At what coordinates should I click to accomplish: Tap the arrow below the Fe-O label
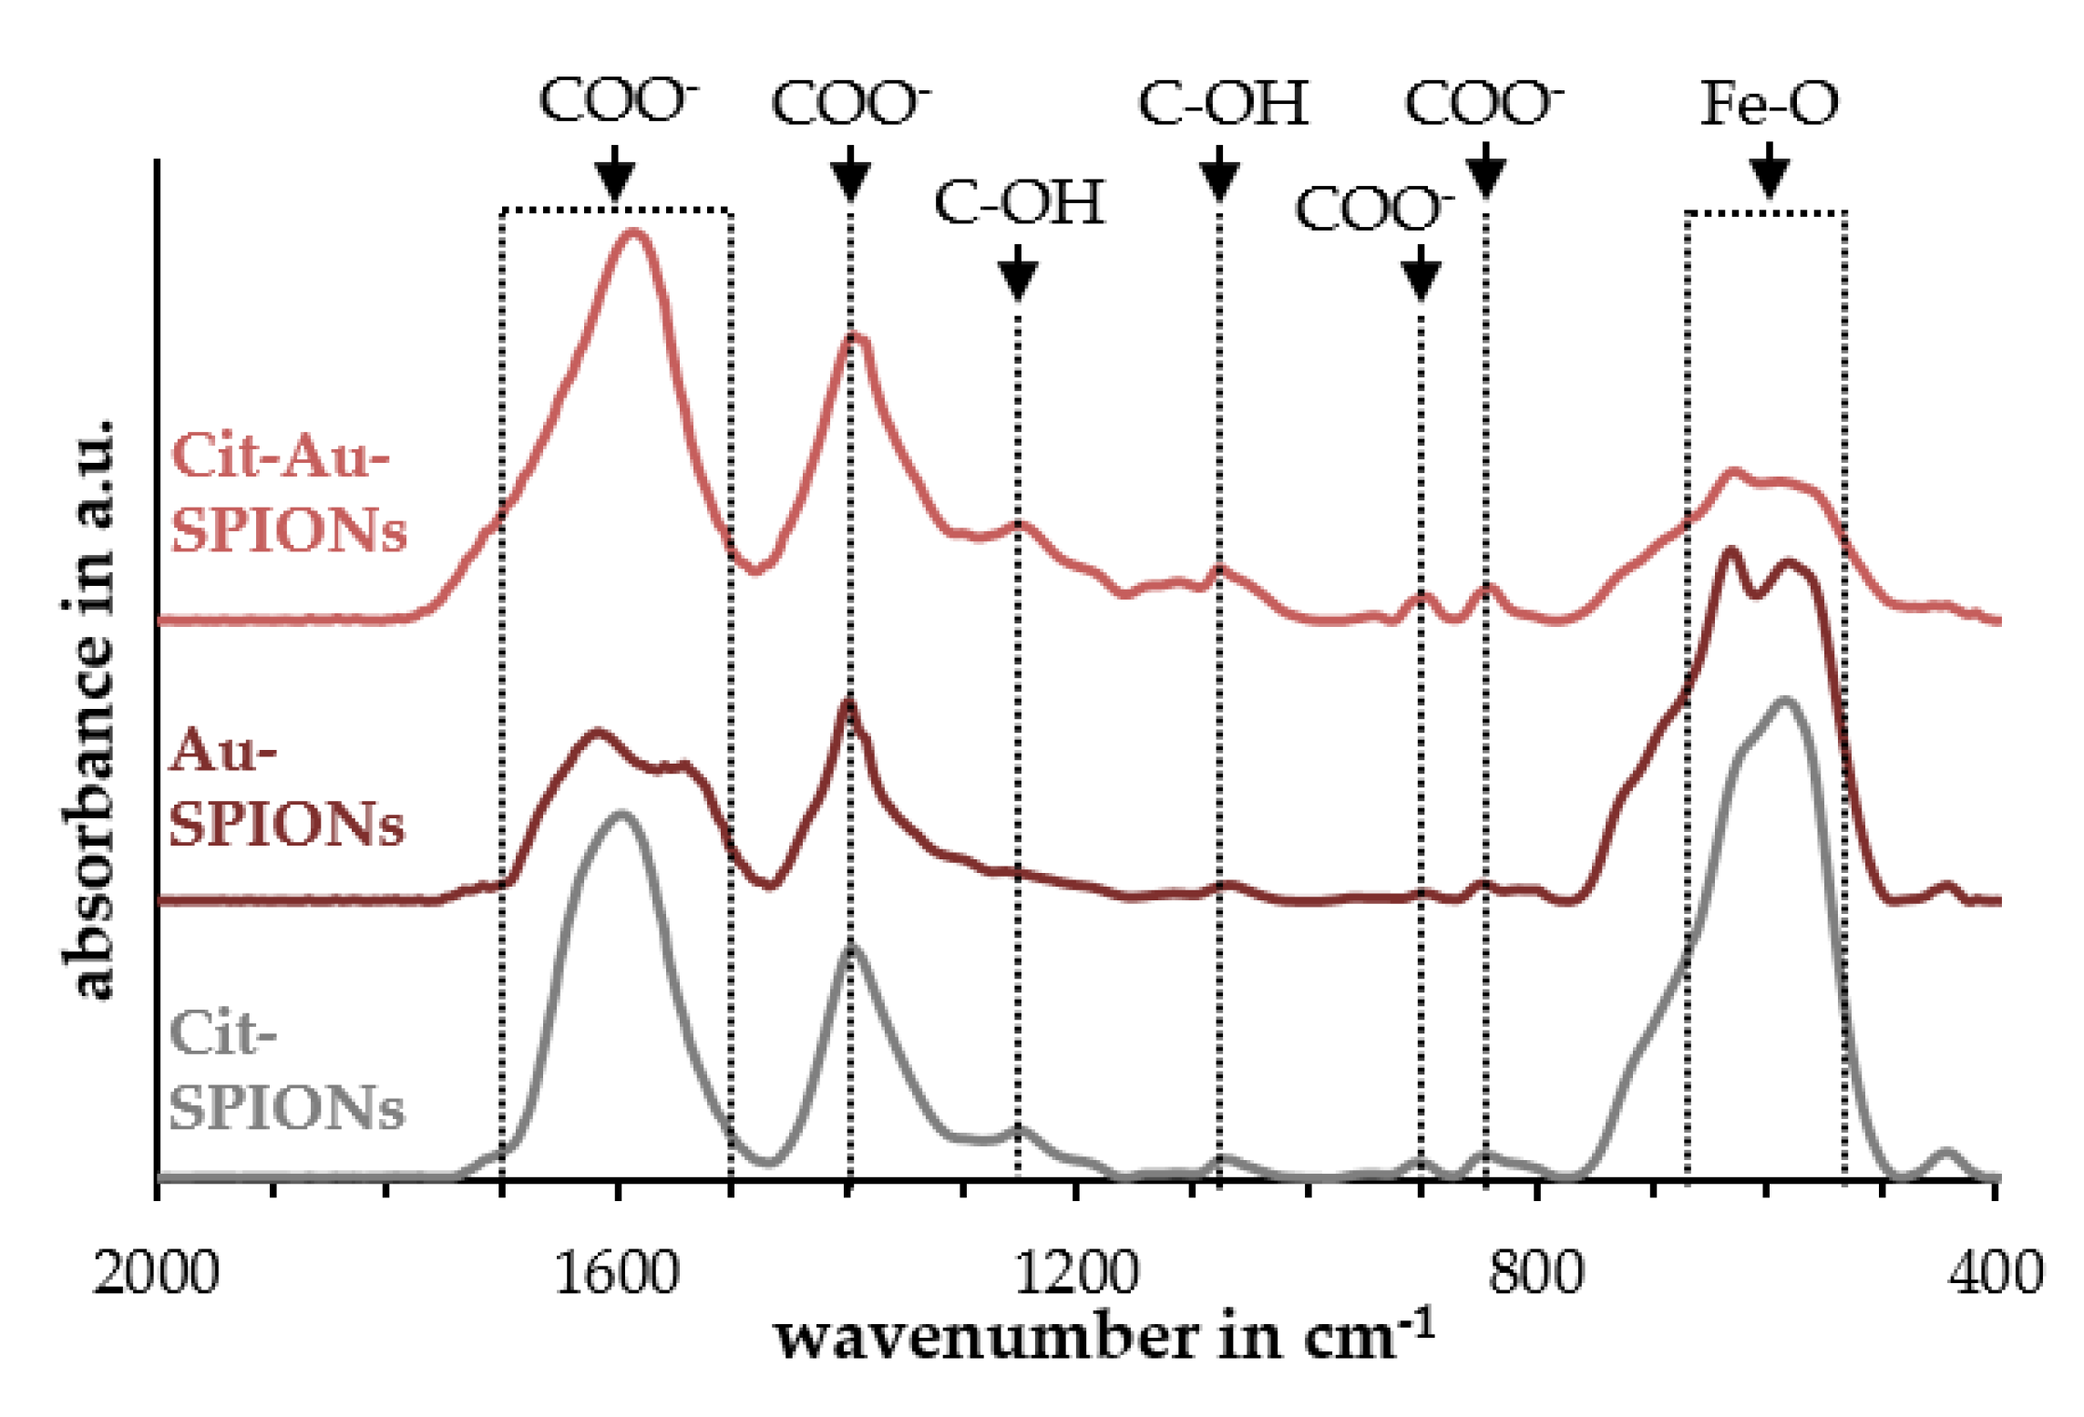point(1769,171)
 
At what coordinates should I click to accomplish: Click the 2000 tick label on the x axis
point(156,1272)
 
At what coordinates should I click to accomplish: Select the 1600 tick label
point(616,1272)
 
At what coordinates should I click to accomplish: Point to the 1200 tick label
point(1075,1272)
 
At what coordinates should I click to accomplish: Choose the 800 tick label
point(1535,1272)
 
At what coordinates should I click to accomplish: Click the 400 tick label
point(1995,1272)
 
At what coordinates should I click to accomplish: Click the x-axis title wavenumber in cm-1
point(1104,1338)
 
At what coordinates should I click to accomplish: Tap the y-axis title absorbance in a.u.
point(89,711)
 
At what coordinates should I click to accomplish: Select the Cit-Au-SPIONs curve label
point(287,492)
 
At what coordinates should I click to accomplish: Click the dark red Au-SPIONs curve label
point(285,787)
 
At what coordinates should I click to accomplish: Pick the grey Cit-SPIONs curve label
point(285,1071)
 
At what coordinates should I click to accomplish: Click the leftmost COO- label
point(618,100)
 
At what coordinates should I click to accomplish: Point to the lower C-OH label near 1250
point(1019,202)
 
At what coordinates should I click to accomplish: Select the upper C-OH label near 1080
point(1223,103)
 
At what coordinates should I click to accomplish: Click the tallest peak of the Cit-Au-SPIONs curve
point(633,233)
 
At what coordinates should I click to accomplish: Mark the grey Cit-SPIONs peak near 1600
point(622,814)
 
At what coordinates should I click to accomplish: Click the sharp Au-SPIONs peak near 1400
point(848,703)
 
